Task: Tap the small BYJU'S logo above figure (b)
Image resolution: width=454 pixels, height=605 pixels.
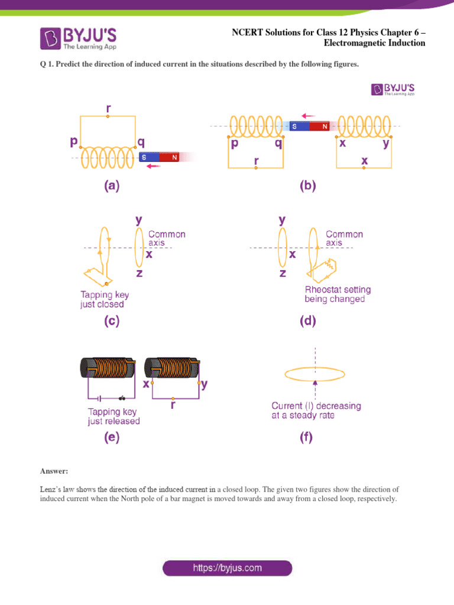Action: pyautogui.click(x=393, y=89)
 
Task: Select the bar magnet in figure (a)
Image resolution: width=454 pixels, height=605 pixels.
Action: pyautogui.click(x=160, y=157)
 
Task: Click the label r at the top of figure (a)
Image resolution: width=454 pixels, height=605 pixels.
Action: pyautogui.click(x=108, y=109)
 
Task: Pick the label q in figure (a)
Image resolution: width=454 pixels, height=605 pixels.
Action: pyautogui.click(x=141, y=142)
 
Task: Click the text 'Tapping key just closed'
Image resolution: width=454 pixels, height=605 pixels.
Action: pyautogui.click(x=105, y=300)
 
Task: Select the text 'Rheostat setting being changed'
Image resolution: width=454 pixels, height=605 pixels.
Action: pyautogui.click(x=338, y=294)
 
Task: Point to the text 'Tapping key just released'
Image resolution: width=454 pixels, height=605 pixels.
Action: pyautogui.click(x=114, y=417)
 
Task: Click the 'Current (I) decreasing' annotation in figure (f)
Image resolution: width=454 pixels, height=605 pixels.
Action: pyautogui.click(x=316, y=410)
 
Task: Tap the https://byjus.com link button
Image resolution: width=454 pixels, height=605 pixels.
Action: pyautogui.click(x=228, y=568)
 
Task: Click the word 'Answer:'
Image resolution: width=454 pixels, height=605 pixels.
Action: pyautogui.click(x=54, y=471)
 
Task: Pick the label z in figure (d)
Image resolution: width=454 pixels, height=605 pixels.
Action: pyautogui.click(x=283, y=273)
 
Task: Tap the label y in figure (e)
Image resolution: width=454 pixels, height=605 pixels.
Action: pyautogui.click(x=204, y=385)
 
